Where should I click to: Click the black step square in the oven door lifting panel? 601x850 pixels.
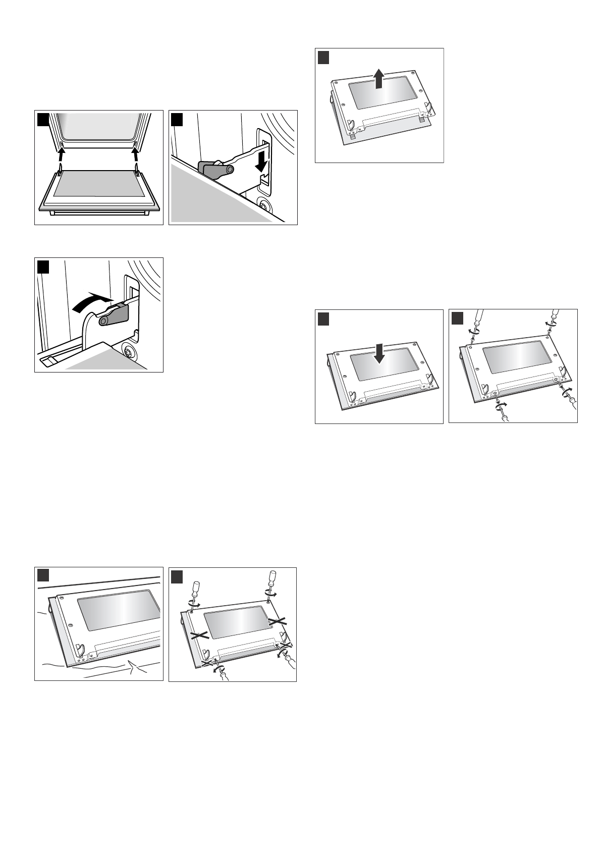(x=42, y=120)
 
